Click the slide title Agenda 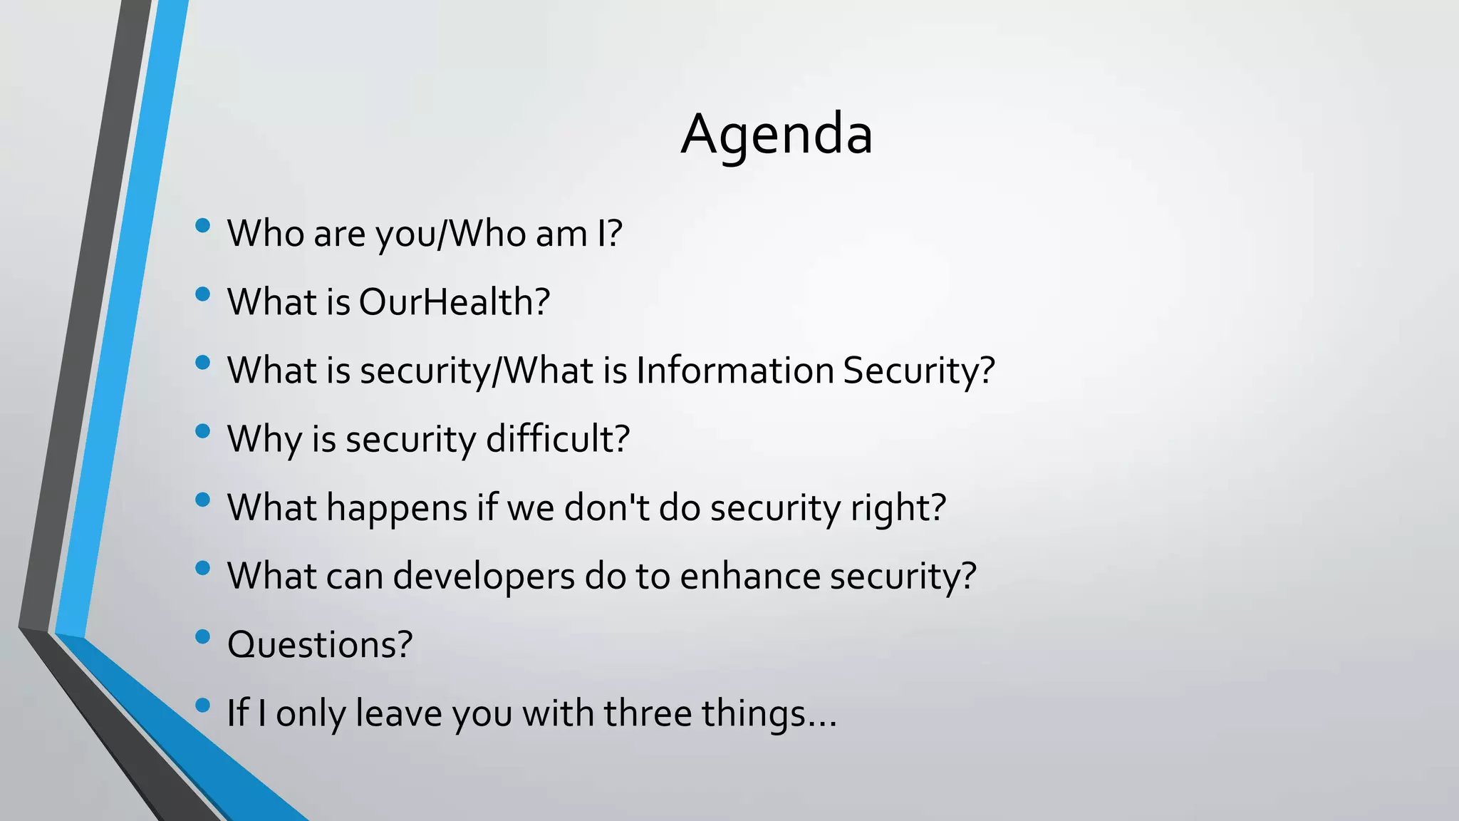click(777, 134)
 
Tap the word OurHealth click(454, 302)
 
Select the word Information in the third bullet click(734, 371)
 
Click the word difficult click(557, 439)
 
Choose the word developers click(483, 577)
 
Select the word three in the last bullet click(648, 713)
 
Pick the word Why click(264, 440)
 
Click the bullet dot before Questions click(202, 636)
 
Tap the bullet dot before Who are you click(202, 226)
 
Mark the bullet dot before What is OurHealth click(202, 294)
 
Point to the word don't click(606, 507)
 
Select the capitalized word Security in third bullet click(918, 371)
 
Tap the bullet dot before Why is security click(202, 431)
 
